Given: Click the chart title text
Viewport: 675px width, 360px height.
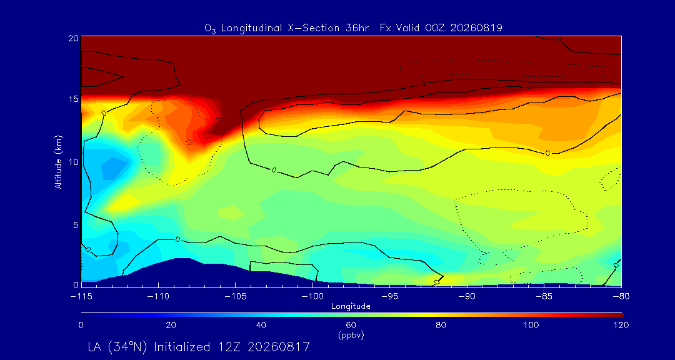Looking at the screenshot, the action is click(x=353, y=28).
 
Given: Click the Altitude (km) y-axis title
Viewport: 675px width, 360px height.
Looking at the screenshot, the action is click(x=58, y=161).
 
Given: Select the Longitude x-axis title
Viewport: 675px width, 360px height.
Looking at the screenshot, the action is click(x=351, y=307).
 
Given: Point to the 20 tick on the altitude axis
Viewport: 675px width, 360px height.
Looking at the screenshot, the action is click(x=74, y=38).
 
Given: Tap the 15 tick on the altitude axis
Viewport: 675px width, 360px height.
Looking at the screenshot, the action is click(x=74, y=99).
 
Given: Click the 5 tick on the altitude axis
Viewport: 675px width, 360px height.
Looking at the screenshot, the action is click(x=76, y=225).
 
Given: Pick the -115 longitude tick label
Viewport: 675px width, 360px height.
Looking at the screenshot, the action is click(x=81, y=297).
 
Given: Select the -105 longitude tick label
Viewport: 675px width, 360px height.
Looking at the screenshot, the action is click(x=236, y=297).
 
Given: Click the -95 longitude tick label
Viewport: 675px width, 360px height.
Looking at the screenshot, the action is click(x=390, y=297).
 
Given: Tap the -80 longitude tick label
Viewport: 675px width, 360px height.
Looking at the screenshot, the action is click(x=621, y=297).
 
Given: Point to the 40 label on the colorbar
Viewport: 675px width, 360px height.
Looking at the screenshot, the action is click(x=261, y=325).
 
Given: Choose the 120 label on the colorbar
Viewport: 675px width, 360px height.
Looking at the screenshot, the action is click(x=622, y=325).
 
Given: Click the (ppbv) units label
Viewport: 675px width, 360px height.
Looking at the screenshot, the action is click(x=351, y=335).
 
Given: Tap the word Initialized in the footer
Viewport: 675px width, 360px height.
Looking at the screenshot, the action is click(x=182, y=347).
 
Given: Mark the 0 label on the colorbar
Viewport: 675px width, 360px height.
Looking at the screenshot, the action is click(x=81, y=325).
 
